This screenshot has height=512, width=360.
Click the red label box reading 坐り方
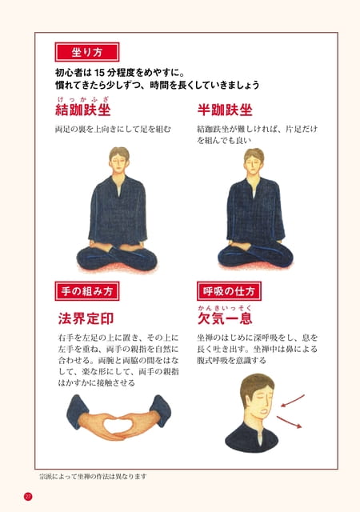87,52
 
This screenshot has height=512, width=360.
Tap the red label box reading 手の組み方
87,291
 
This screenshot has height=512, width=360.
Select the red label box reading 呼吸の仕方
229,291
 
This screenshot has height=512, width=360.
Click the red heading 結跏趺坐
83,110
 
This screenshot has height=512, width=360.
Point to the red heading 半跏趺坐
225,110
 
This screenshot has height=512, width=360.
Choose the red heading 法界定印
86,318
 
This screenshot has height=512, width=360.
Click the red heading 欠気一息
225,318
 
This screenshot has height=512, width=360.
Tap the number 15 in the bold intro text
99,72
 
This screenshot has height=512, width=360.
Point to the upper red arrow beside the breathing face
293,400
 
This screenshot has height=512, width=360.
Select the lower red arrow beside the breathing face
289,422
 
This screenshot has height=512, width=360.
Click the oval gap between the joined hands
118,424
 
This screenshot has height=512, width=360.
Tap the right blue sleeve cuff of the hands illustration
160,411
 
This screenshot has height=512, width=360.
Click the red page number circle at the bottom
28,497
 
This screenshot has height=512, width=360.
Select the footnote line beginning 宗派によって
93,477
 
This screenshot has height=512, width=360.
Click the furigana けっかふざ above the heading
82,99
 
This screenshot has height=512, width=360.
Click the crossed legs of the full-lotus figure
117,258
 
